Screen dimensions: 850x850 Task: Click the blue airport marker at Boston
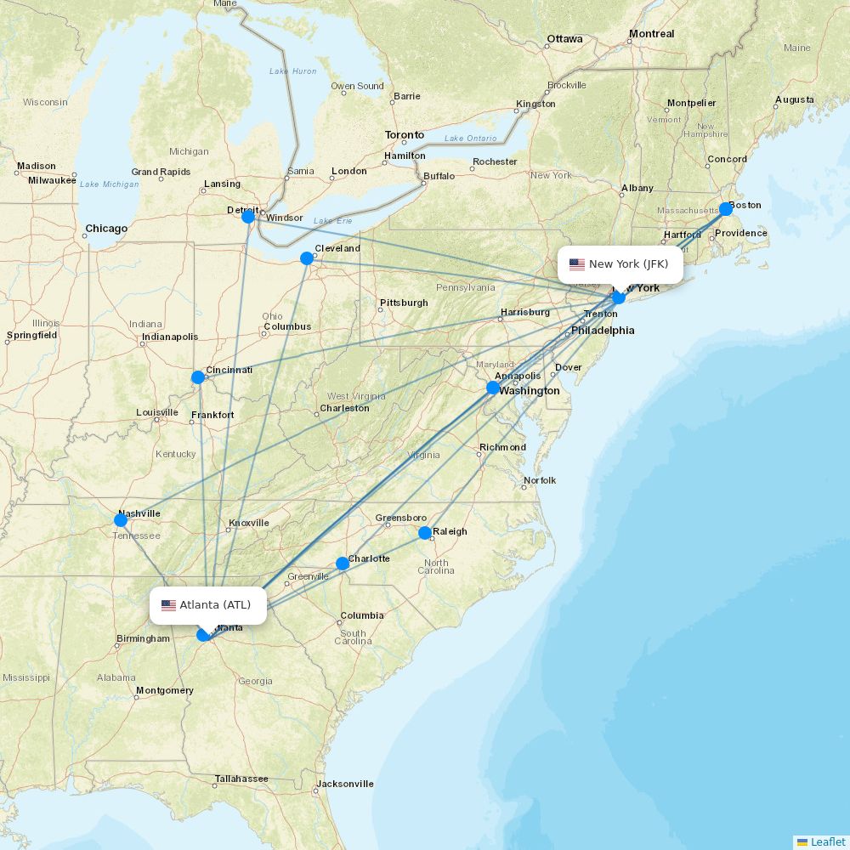click(726, 209)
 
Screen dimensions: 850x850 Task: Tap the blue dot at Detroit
click(248, 217)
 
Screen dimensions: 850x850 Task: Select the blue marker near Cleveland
click(307, 258)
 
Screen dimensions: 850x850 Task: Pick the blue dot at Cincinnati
click(198, 377)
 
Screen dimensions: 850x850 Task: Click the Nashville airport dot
click(121, 520)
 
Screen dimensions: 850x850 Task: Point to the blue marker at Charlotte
click(343, 564)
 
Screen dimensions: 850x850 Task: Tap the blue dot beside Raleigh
click(425, 533)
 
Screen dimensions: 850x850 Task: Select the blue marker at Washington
click(493, 388)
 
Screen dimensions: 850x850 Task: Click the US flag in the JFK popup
click(577, 264)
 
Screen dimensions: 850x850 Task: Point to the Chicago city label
click(106, 229)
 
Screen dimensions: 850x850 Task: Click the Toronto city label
click(405, 135)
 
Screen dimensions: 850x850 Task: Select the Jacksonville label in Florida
click(345, 784)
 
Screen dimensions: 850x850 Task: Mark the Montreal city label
click(651, 34)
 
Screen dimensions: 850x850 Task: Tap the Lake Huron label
click(292, 71)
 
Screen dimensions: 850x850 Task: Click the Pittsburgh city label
click(404, 303)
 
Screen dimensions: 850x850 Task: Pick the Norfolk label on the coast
click(540, 480)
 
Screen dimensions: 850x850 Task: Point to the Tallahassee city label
click(241, 779)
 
